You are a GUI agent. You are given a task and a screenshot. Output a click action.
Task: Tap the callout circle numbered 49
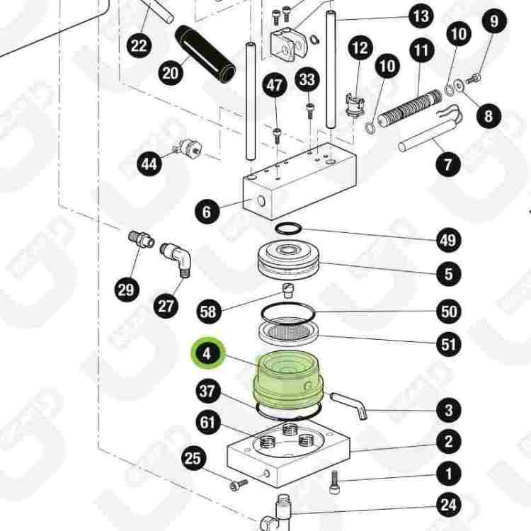[447, 240]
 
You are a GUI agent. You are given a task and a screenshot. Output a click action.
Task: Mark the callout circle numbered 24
[447, 505]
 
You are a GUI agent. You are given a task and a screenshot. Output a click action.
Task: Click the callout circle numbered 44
[149, 164]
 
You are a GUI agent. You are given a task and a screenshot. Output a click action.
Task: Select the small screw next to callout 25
[239, 484]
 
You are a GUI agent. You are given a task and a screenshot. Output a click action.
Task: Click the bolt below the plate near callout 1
[336, 485]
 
